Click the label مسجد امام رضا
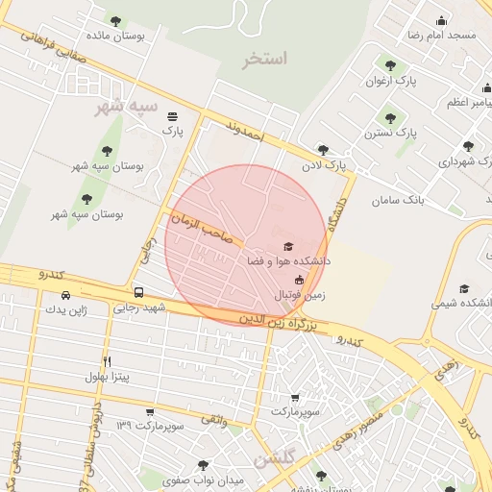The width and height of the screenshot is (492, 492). pyautogui.click(x=442, y=35)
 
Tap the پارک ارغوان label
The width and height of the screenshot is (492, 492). pyautogui.click(x=390, y=81)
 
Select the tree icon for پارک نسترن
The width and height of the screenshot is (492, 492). pyautogui.click(x=389, y=119)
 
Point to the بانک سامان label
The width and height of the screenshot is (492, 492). pyautogui.click(x=402, y=199)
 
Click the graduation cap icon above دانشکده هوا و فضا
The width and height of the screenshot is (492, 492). pyautogui.click(x=285, y=246)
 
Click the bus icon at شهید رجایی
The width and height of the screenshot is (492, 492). pyautogui.click(x=139, y=292)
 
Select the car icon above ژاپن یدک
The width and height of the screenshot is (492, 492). pyautogui.click(x=65, y=296)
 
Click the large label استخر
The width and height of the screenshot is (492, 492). pyautogui.click(x=265, y=59)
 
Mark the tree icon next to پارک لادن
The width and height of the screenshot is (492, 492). pyautogui.click(x=322, y=149)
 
